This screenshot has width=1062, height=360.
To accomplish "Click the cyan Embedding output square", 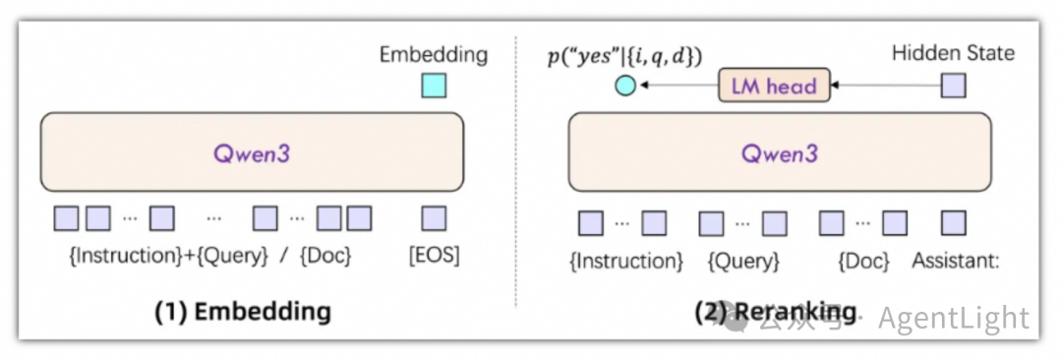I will pos(433,86).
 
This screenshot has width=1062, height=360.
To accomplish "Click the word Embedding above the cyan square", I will pos(433,54).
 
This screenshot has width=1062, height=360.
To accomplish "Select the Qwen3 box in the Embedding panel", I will pos(251,151).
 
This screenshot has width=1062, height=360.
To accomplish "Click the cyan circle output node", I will pos(624,87).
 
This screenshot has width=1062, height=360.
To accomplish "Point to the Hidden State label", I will pos(953,53).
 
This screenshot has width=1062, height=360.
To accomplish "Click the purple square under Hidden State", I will pos(953,86).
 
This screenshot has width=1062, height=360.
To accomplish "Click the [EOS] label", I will pos(434,257).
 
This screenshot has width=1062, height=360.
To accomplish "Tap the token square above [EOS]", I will pos(434,218).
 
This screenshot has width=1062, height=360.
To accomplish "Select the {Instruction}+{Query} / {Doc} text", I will pos(209,257).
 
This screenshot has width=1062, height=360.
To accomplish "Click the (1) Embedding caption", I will pos(243,312).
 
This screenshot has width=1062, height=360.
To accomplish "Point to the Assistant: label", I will pos(956,262).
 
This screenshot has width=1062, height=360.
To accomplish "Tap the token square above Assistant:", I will pos(953,223).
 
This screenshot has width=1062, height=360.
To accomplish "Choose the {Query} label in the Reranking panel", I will pos(743,262).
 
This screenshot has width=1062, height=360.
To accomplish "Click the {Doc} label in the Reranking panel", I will pos(863,262).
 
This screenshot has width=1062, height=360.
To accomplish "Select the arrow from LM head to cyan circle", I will pos(678,87).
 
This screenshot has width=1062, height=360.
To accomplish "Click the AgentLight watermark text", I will pos(953,319).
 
